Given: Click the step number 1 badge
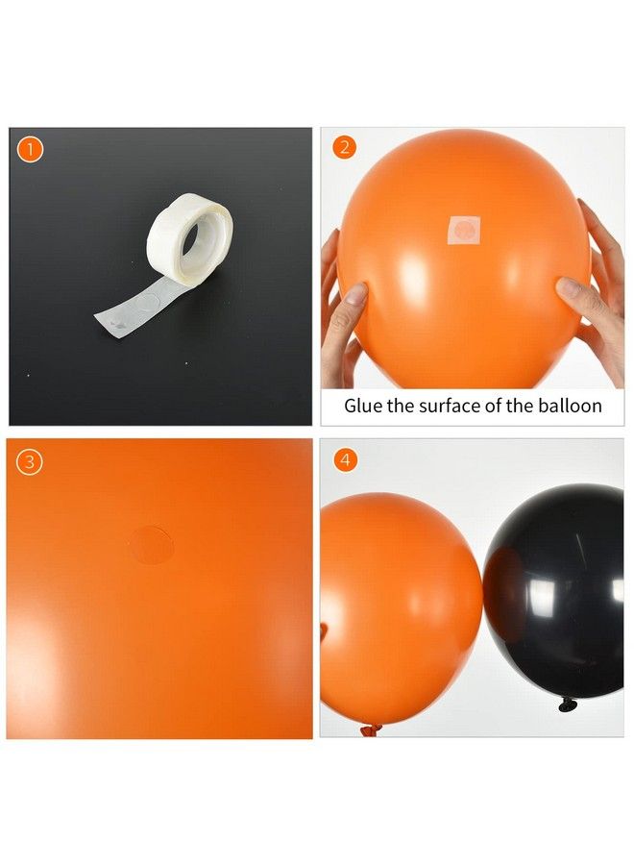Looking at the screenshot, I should (x=31, y=149).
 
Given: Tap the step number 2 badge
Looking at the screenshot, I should (x=343, y=148).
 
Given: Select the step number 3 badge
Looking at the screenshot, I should (x=31, y=461).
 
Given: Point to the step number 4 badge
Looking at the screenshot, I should (x=343, y=460).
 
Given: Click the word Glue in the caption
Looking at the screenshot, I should (x=364, y=406).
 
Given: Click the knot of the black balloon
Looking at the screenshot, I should (x=567, y=706).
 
